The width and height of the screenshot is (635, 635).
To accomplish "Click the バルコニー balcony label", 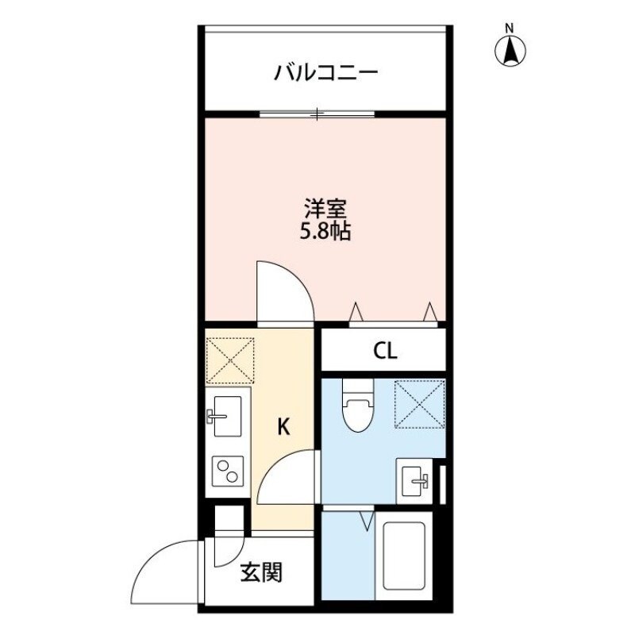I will [325, 74].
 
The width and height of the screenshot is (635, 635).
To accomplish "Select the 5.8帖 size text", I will [325, 233].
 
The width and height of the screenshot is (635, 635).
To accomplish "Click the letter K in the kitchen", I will [283, 428].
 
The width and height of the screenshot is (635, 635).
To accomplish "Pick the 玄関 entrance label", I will [260, 572].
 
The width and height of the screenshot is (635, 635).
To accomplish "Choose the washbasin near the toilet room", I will [416, 479].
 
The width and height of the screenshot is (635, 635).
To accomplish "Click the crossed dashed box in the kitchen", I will [229, 360].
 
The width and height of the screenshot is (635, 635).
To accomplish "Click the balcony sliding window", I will [317, 115].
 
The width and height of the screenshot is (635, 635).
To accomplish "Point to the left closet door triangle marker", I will [356, 312].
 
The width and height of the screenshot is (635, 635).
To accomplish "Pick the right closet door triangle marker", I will [430, 311].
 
